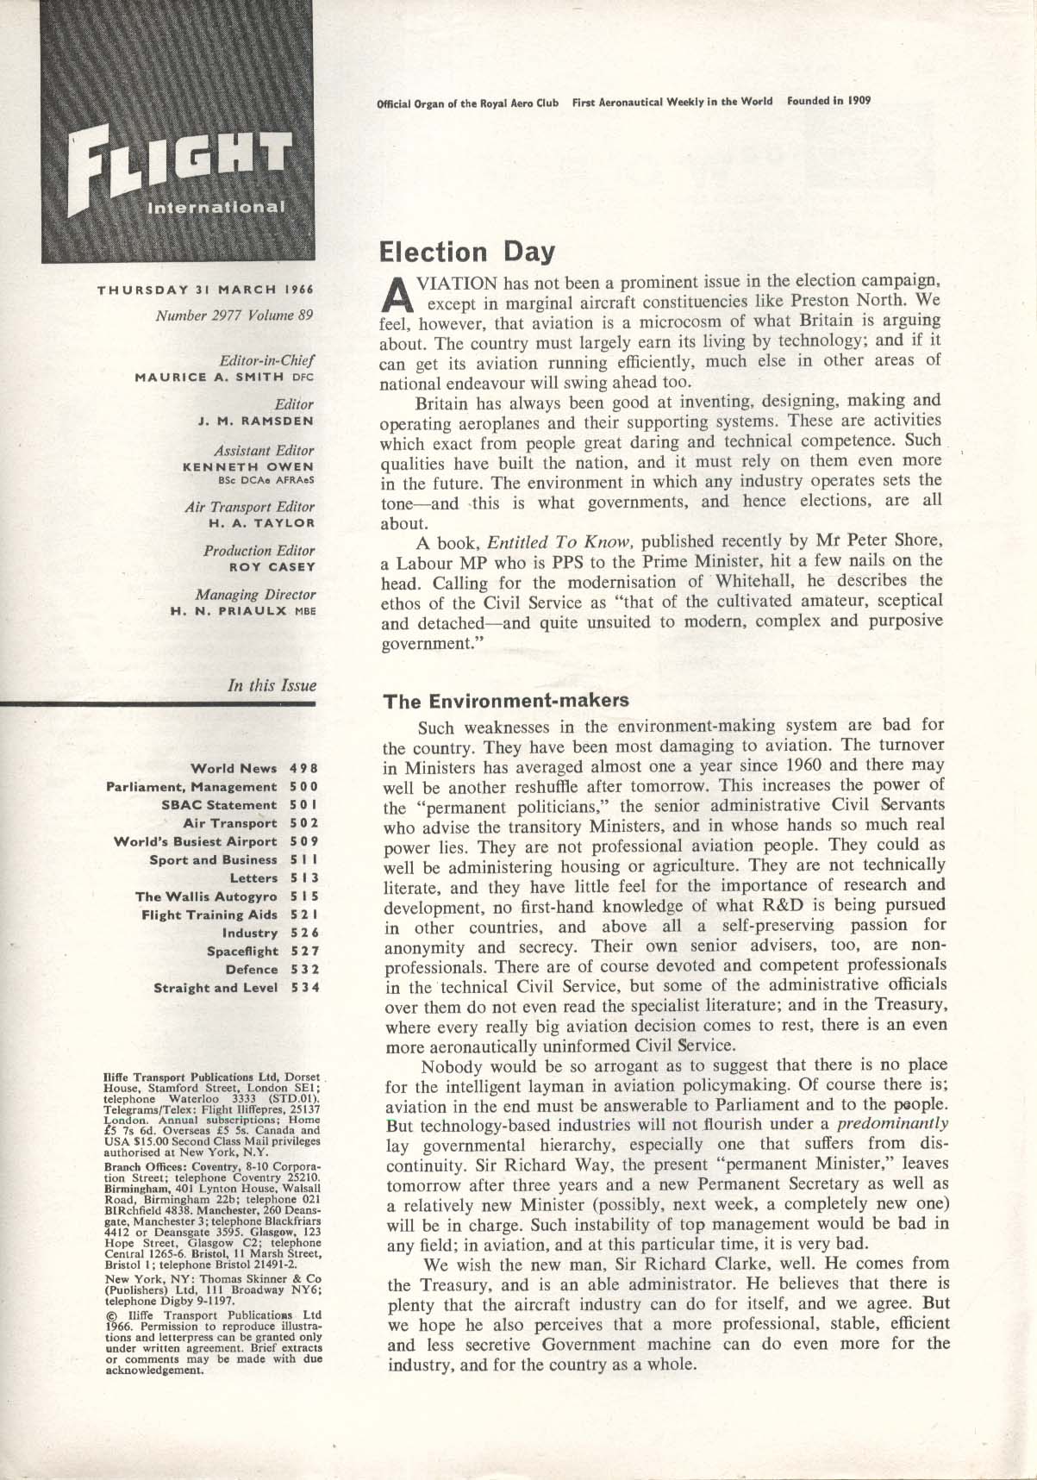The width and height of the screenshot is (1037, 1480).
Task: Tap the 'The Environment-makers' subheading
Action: pos(506,700)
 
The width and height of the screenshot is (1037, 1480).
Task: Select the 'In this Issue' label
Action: pos(272,686)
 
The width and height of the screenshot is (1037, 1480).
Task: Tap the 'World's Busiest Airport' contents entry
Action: pos(196,841)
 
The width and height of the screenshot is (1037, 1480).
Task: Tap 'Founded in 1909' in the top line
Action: pos(828,101)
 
